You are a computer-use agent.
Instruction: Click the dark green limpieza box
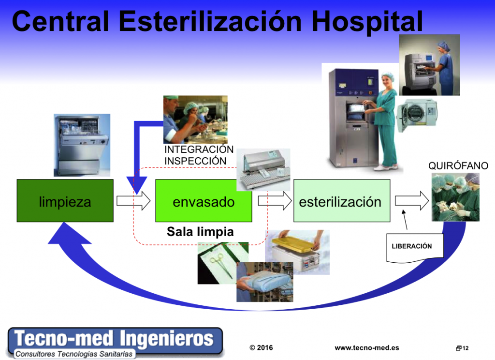65,201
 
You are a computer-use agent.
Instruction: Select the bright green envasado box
204,201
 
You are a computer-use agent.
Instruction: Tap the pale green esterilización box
342,201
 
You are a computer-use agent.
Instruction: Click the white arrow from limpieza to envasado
133,201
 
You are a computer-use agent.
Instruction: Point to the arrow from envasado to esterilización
275,201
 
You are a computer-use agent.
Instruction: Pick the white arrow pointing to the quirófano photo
412,201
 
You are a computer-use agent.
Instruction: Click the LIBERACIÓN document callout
415,248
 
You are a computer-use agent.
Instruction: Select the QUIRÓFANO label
458,165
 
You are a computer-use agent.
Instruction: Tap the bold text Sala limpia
200,232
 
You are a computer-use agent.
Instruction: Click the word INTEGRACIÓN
199,149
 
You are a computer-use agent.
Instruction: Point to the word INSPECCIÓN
195,161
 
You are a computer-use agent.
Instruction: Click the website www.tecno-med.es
367,348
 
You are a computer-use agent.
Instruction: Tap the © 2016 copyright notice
261,348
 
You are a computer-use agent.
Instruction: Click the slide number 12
466,348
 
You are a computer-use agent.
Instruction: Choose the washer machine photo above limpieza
82,145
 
